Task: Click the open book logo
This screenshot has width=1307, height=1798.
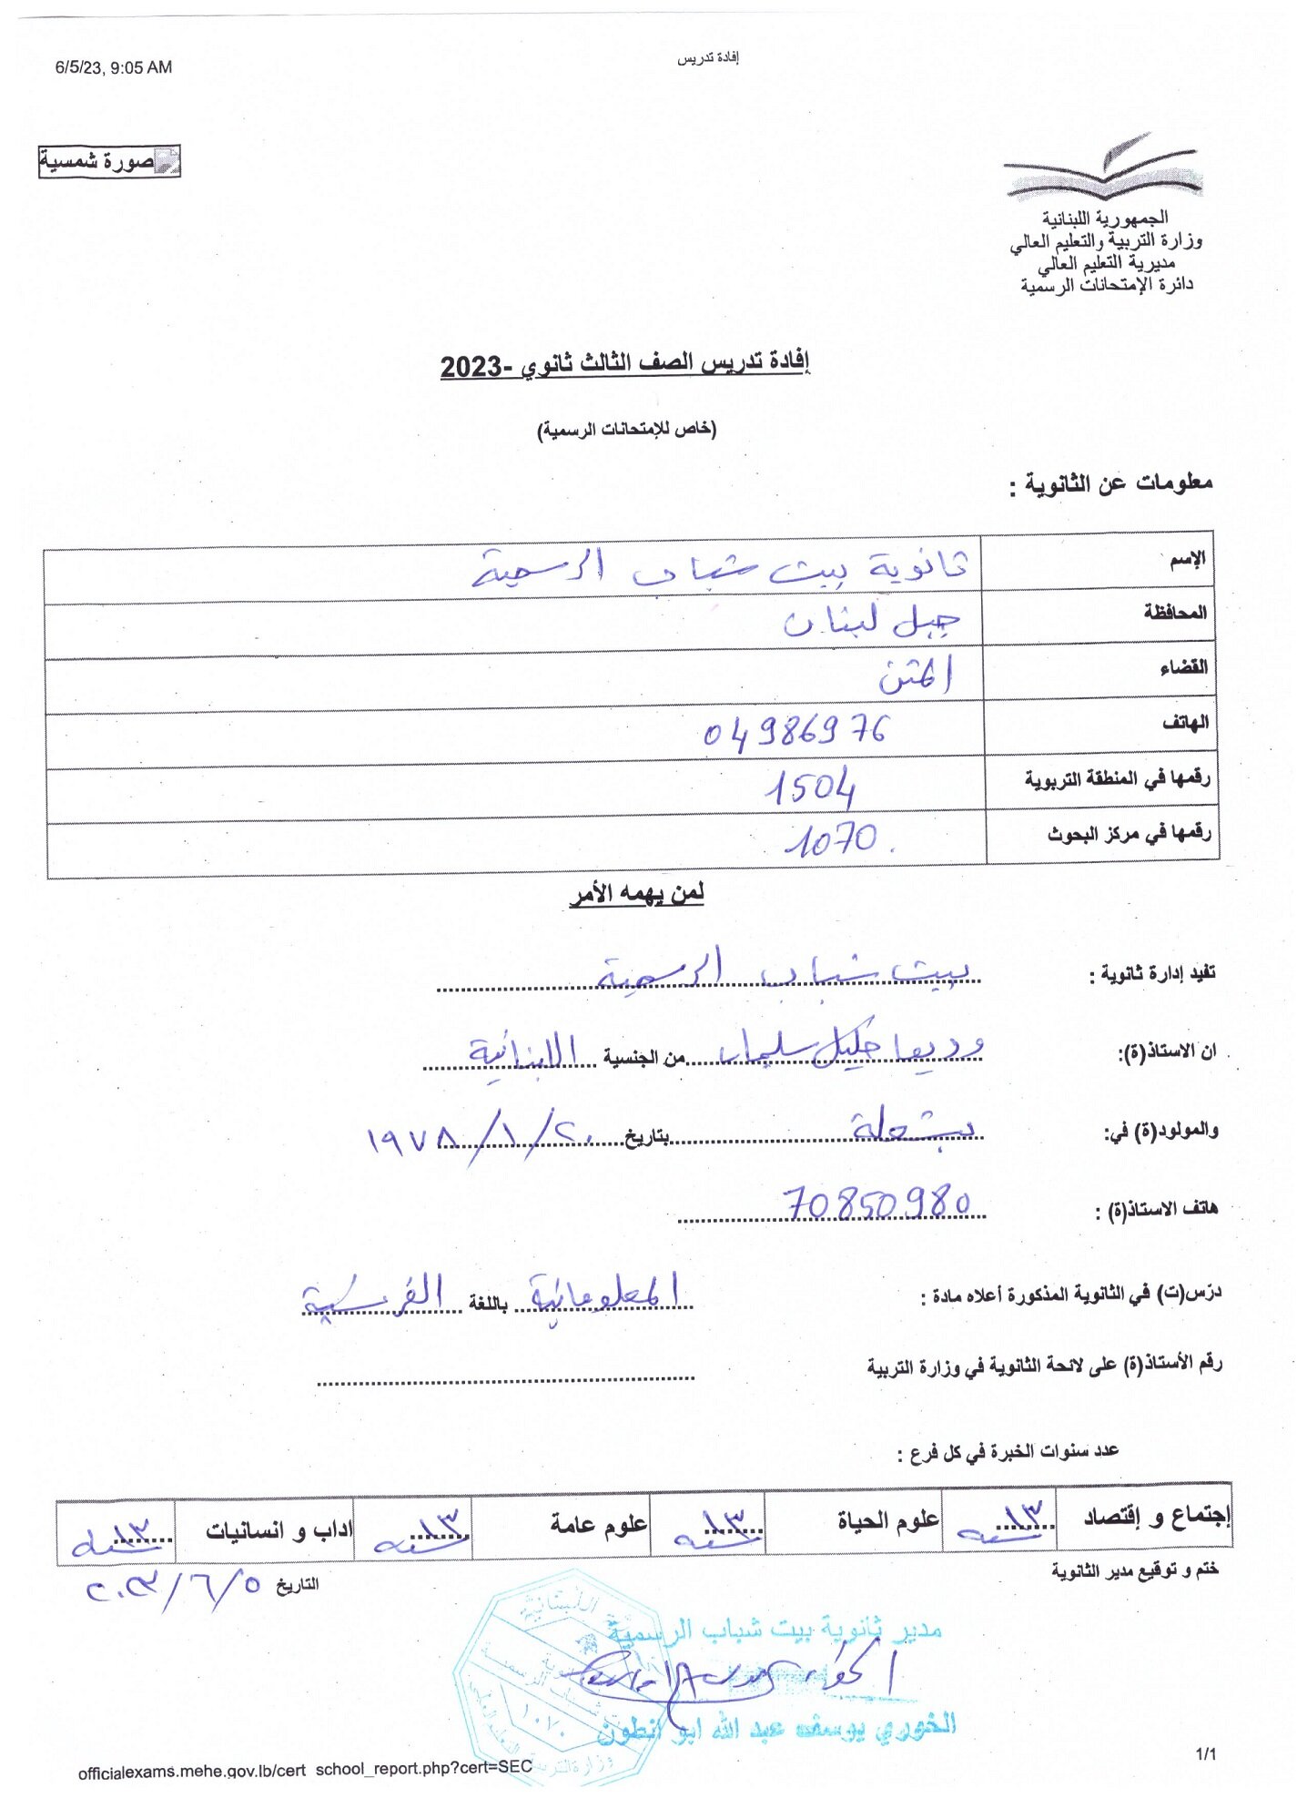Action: (1103, 169)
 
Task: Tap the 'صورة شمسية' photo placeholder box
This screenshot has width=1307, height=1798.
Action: (109, 161)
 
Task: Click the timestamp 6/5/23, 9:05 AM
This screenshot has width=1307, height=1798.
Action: (113, 67)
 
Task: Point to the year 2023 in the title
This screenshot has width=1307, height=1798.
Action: (471, 367)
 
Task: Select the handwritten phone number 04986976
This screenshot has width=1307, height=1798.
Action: (795, 731)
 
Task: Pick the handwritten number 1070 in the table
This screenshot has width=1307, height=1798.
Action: (833, 839)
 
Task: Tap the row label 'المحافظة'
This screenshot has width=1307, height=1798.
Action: (1175, 613)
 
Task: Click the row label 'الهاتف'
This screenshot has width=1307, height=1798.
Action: (1185, 723)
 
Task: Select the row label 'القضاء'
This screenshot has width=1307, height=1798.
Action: (1183, 668)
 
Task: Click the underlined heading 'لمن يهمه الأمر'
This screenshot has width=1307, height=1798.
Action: (637, 894)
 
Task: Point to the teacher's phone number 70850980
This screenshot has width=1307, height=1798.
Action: (877, 1204)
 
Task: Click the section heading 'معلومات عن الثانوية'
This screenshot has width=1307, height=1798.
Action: (1111, 483)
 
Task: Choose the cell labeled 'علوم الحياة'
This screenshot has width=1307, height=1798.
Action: (887, 1520)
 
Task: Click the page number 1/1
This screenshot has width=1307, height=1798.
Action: (1205, 1753)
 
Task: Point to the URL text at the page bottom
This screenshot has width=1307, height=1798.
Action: (305, 1769)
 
